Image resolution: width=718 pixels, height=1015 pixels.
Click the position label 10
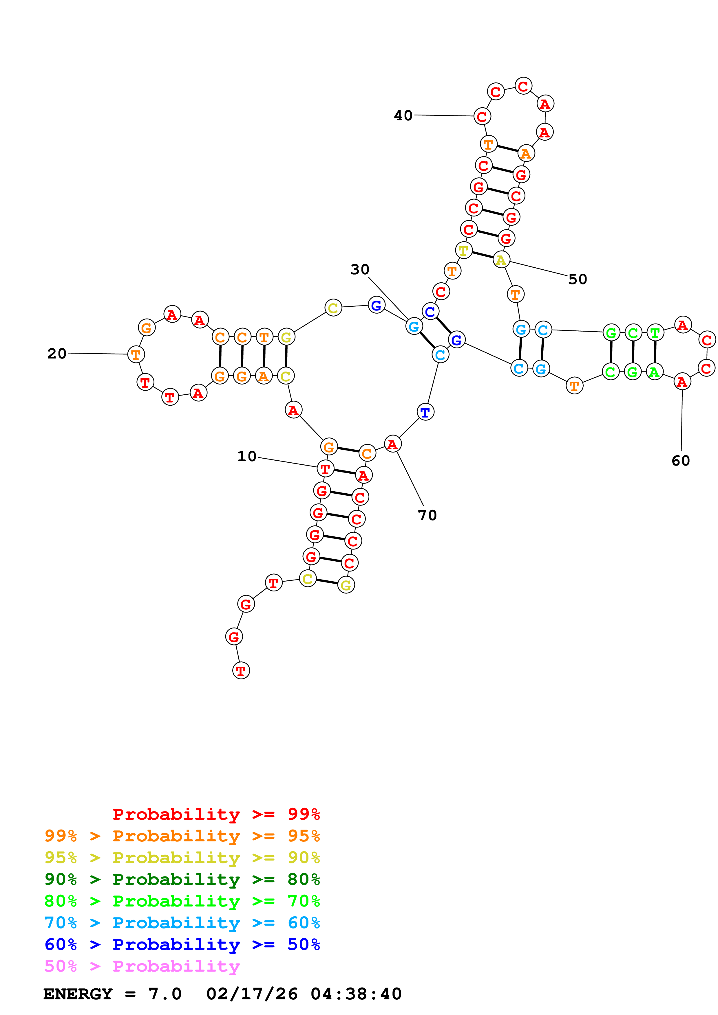[247, 456]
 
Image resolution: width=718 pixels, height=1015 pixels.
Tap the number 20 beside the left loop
[57, 353]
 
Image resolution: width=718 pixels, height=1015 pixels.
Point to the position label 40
[403, 115]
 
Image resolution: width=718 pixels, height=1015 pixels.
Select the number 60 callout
[680, 461]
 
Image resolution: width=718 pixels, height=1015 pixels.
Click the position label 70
[427, 515]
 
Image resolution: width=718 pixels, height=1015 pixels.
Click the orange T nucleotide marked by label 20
[136, 354]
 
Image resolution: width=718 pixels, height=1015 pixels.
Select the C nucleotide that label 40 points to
[482, 117]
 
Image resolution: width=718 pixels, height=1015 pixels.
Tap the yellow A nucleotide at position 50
[501, 260]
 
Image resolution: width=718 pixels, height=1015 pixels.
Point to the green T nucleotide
[655, 332]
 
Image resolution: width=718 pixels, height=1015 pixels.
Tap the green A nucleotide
[654, 372]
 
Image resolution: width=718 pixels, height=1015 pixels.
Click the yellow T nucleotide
[463, 251]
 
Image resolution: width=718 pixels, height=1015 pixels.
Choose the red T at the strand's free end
[241, 671]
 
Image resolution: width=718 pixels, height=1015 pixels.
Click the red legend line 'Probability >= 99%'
[216, 814]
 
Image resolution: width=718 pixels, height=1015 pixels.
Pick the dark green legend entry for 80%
[182, 879]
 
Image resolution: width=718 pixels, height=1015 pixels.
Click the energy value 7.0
[165, 994]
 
